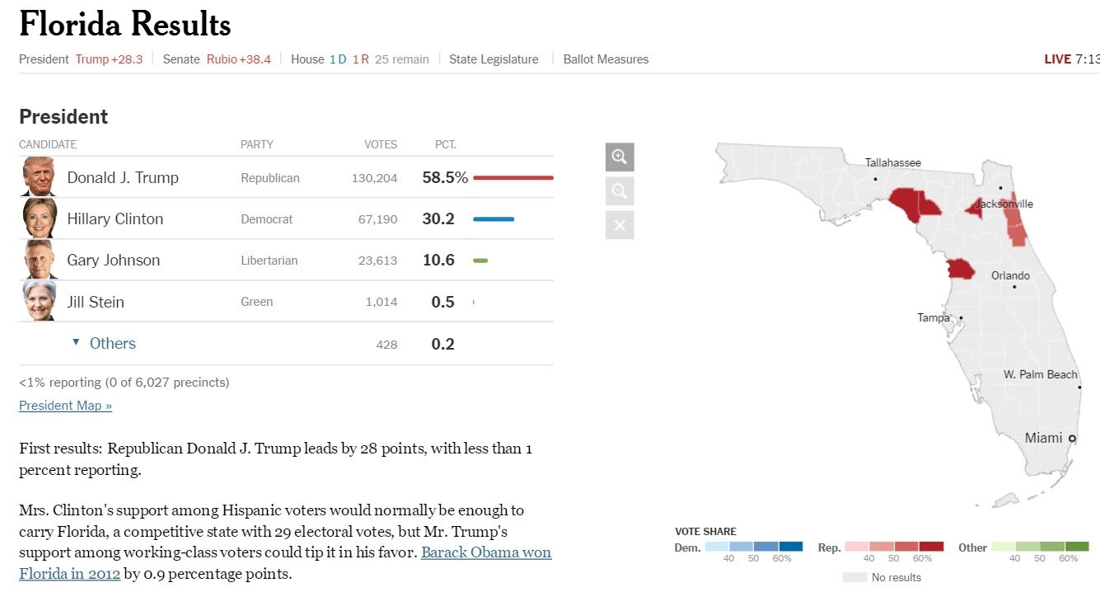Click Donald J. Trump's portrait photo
click(38, 177)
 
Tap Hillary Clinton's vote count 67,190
click(377, 219)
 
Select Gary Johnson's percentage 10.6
click(438, 261)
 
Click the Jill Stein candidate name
click(96, 302)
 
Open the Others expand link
click(112, 344)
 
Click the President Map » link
click(65, 406)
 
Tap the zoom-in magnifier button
click(620, 157)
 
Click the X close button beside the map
click(620, 225)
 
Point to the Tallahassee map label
click(893, 162)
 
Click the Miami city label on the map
click(1043, 438)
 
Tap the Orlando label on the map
click(1010, 275)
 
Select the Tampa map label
click(934, 317)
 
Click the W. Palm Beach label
click(1040, 374)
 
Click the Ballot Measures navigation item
click(606, 59)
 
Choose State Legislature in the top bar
click(494, 59)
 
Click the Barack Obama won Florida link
click(486, 552)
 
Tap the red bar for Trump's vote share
click(513, 177)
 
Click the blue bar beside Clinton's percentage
click(494, 219)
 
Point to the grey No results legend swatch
click(855, 577)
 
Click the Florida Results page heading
click(125, 25)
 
